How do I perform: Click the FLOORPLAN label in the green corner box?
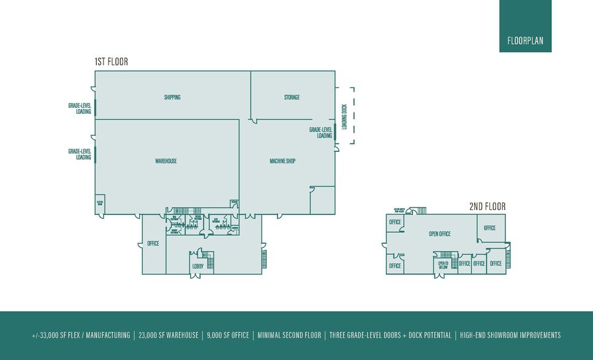coord(525,42)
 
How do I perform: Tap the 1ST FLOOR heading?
coord(111,62)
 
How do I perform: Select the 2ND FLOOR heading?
coord(487,207)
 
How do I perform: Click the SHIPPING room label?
coord(172,97)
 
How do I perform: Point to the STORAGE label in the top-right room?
coord(292,97)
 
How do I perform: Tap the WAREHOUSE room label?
coord(166,161)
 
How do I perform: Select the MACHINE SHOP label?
coord(282,161)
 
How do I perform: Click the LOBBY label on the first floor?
coord(198,266)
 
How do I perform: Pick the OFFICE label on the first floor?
coord(153,244)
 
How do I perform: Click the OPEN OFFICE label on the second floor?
coord(439,234)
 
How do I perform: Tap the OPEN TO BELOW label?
coord(444,264)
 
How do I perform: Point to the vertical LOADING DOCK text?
coord(344,116)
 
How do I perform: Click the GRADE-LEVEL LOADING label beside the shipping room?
coord(80,108)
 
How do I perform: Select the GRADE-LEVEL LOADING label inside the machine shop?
coord(320,133)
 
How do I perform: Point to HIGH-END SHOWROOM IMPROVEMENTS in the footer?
coord(510,336)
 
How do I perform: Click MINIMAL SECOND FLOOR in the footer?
coord(289,336)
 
